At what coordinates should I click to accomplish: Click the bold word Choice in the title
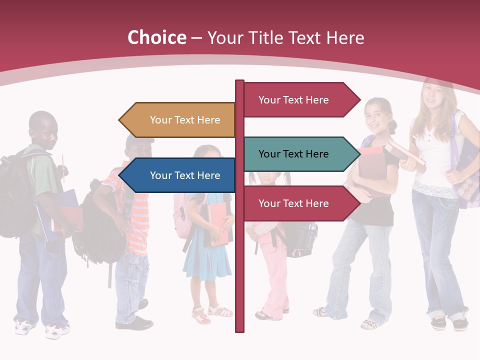point(156,38)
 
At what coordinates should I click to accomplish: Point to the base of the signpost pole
point(240,327)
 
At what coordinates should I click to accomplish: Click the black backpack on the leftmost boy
point(15,195)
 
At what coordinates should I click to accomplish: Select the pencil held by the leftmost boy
point(63,165)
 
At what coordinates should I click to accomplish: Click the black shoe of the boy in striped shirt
point(132,323)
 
